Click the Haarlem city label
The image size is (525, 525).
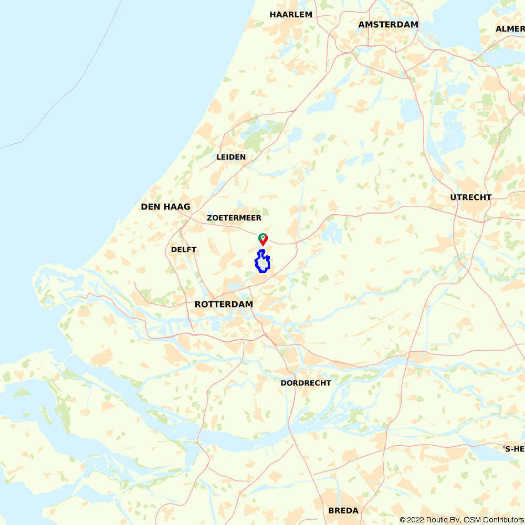291,15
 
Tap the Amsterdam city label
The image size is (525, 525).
388,25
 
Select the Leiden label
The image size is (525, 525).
231,157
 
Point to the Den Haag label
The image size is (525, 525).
165,207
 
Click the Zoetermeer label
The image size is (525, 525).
234,218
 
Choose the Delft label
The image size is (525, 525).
184,249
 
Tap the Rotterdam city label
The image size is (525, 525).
224,304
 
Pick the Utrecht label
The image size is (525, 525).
471,197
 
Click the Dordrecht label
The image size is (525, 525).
306,383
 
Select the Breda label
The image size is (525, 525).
343,510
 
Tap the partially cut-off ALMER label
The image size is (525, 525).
510,29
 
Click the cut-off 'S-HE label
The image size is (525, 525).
513,449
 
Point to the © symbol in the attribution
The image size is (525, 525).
402,520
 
